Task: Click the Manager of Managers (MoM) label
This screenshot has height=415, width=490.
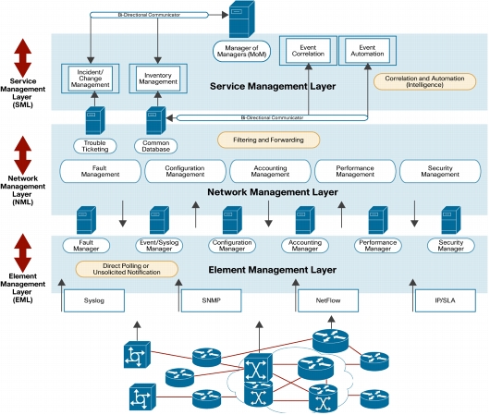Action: coord(241,51)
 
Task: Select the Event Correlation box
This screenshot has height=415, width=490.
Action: coord(308,51)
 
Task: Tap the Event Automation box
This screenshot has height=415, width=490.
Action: coord(368,51)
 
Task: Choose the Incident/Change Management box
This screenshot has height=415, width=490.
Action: coord(91,79)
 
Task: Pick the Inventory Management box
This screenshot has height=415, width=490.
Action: coord(158,79)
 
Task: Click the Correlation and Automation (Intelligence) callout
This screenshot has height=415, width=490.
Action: coord(424,81)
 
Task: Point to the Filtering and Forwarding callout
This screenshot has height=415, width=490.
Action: coord(268,140)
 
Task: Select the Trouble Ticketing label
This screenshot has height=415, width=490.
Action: coord(95,146)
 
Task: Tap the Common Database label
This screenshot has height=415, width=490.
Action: coord(156,146)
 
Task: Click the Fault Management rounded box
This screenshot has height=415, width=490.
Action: coord(101,171)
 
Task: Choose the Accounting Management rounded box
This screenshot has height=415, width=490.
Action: coord(270,171)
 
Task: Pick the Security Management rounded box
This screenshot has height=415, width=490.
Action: coord(440,171)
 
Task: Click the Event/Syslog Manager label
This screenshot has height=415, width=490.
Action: coord(159,246)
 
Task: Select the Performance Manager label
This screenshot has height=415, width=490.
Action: coord(378,246)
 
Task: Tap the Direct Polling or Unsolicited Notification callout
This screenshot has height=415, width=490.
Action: coord(127,269)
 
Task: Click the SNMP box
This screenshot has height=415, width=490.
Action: coord(211,300)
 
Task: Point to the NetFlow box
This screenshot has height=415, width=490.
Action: coord(328,300)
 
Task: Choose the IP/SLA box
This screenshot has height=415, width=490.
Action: coord(446,300)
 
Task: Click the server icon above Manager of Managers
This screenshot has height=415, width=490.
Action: coord(242,18)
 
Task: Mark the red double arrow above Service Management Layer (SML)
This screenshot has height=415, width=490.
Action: coord(23,58)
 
